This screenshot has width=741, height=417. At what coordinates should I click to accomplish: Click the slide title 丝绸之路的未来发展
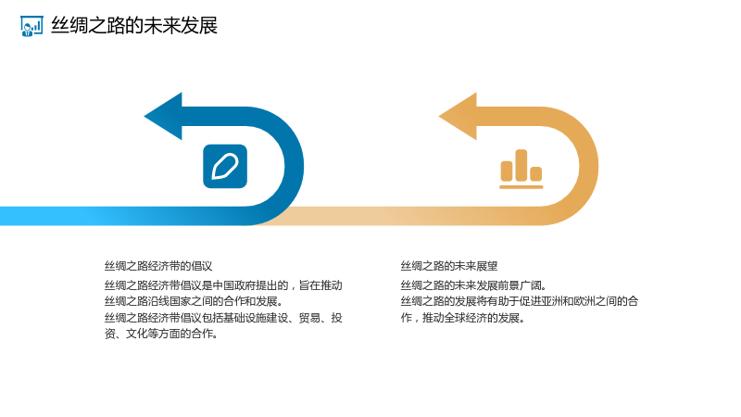click(x=134, y=26)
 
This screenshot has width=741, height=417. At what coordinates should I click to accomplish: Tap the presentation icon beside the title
click(x=31, y=26)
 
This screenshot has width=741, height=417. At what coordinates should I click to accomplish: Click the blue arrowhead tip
click(x=144, y=117)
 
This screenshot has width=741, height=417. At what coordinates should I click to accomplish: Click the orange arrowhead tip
click(x=439, y=117)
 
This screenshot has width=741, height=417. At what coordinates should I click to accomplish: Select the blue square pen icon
click(x=225, y=167)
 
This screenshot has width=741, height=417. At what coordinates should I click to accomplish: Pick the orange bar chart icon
click(x=521, y=169)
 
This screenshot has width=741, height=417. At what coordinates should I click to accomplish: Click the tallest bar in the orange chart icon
click(x=521, y=166)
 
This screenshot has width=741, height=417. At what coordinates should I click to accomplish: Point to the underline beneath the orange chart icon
click(x=521, y=187)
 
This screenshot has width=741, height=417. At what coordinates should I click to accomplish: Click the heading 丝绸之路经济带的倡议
click(x=158, y=266)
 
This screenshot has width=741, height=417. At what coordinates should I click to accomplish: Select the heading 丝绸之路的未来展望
click(x=449, y=266)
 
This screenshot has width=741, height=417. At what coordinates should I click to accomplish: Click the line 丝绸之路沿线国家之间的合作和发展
click(x=194, y=301)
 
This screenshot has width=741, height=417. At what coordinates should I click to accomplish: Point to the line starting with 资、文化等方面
click(x=161, y=334)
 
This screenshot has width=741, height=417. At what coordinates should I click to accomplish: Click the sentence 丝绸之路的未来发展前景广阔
click(x=473, y=285)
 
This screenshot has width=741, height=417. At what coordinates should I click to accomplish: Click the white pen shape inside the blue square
click(x=225, y=167)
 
